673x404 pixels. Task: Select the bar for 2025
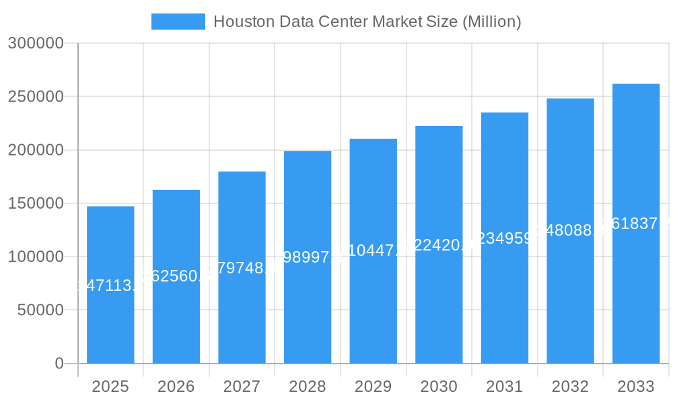click(x=110, y=323)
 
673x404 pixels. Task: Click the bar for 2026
click(x=176, y=323)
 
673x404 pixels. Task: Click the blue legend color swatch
click(x=178, y=22)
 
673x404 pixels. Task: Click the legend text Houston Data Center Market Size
click(x=367, y=22)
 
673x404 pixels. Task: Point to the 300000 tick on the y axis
click(x=35, y=44)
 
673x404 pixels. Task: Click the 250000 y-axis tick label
click(x=35, y=96)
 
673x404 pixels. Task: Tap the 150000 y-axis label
click(x=35, y=203)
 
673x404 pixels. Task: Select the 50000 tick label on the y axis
click(x=39, y=310)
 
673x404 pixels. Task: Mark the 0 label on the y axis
click(x=59, y=364)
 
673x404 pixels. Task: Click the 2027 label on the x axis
click(x=242, y=386)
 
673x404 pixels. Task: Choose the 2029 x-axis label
click(x=373, y=386)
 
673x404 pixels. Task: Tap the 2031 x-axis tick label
click(x=504, y=386)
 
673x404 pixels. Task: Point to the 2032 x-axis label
click(x=570, y=386)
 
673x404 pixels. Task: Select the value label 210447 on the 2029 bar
click(x=373, y=251)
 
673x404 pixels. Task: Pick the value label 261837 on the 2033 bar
click(x=636, y=224)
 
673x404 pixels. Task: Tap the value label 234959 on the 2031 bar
click(x=504, y=238)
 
